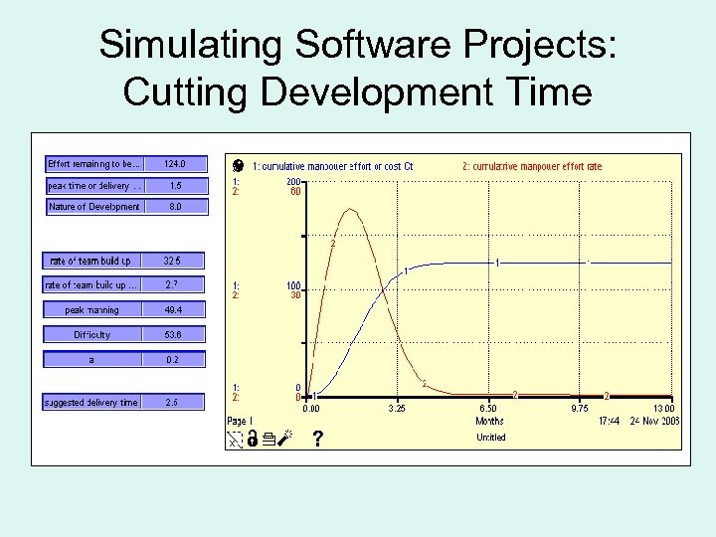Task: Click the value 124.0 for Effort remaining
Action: [175, 163]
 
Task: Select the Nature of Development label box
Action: [94, 207]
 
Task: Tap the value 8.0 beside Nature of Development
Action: [175, 207]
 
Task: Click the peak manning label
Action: [91, 310]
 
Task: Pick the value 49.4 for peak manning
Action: [175, 310]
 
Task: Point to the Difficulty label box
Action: [91, 335]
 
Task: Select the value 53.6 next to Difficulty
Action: [175, 335]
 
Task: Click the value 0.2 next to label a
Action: [175, 360]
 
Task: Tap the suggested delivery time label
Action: [91, 403]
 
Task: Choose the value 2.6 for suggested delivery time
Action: [175, 403]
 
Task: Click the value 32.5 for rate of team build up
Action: [175, 261]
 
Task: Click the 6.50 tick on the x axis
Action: [488, 408]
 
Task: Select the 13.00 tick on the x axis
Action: [662, 408]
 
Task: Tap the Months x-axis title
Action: [489, 421]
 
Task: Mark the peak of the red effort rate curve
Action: [349, 209]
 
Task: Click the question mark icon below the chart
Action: [317, 438]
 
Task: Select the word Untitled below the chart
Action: [490, 438]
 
